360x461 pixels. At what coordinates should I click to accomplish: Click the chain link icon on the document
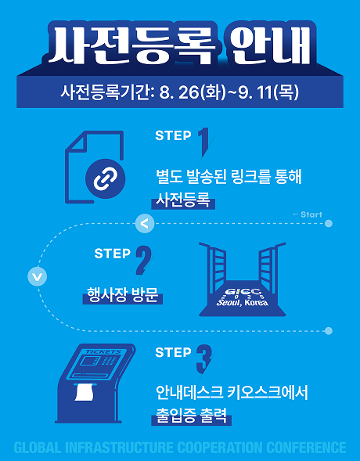coord(105,178)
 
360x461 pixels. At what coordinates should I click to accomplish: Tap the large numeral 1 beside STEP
coord(204,142)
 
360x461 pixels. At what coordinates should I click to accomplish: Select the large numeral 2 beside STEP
coord(143,260)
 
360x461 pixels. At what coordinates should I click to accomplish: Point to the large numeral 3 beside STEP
coord(204,358)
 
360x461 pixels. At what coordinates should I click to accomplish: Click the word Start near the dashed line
coord(311,214)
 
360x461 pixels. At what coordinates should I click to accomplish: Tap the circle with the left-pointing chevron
coord(145,223)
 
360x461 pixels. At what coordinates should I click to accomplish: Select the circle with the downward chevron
coord(37,276)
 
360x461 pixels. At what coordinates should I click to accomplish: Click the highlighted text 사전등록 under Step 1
coord(183,200)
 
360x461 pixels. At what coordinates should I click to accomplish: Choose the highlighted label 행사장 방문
coord(123,295)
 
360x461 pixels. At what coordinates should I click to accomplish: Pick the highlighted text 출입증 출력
coord(191,415)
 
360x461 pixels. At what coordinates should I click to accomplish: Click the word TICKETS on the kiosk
coord(103,351)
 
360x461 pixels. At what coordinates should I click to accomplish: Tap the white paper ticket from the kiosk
coord(85,392)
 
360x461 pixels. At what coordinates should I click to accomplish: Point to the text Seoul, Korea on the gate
coord(242,302)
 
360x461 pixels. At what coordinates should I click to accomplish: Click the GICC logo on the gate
coord(243,292)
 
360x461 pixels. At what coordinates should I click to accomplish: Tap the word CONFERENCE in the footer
coord(306,448)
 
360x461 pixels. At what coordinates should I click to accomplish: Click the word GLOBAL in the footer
coord(38,448)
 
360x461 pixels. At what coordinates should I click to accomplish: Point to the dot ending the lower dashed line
coord(329,331)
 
